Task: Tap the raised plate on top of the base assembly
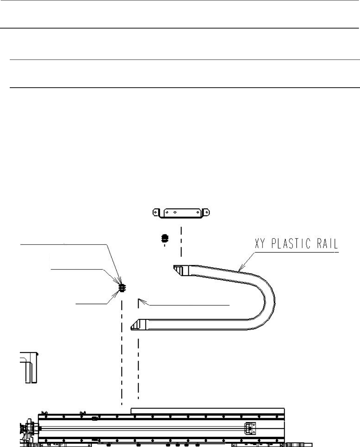coord(208,411)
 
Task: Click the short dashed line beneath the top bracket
coord(181,242)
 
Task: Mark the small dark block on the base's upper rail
coord(95,418)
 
